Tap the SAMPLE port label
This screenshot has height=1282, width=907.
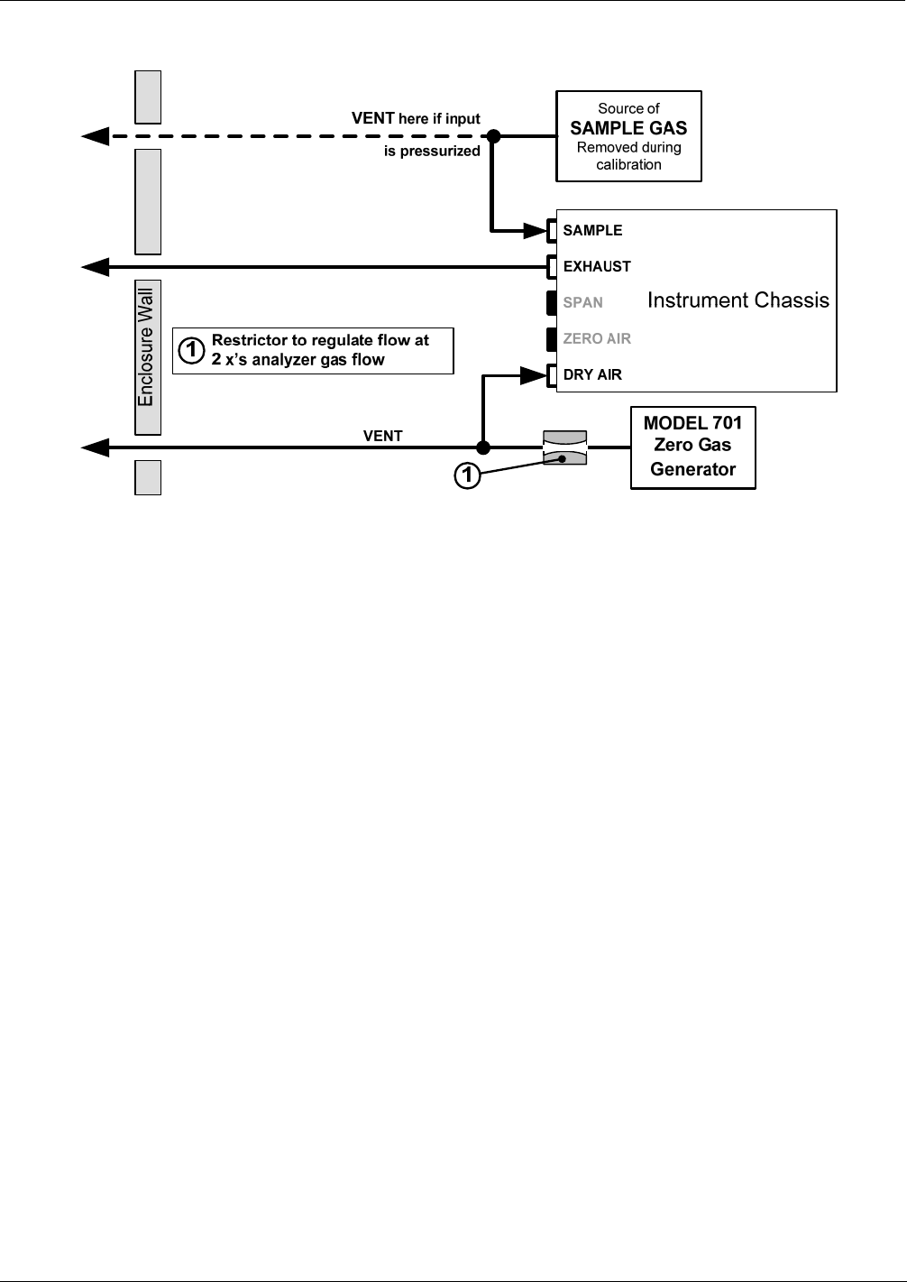[592, 231]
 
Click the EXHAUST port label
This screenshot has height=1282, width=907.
[597, 267]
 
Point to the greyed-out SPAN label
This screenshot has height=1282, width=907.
[582, 303]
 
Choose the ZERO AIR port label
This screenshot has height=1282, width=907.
[597, 339]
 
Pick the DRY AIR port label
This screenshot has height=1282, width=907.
[592, 375]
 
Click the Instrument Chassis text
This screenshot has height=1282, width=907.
[738, 300]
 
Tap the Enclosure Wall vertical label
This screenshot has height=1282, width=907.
[146, 347]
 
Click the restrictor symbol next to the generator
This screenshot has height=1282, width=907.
[564, 447]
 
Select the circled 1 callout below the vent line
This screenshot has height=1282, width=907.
[467, 475]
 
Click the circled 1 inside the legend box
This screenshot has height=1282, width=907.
[191, 350]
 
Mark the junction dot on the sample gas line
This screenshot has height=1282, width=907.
[493, 136]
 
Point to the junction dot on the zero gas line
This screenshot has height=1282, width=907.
[483, 447]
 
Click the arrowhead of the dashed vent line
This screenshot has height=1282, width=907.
[96, 136]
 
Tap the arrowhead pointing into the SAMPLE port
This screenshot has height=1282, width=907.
[536, 231]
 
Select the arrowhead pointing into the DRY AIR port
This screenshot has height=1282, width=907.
[534, 375]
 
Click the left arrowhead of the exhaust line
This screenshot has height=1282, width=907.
[96, 267]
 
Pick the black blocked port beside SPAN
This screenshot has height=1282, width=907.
[551, 303]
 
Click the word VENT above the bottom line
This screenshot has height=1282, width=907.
[382, 436]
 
